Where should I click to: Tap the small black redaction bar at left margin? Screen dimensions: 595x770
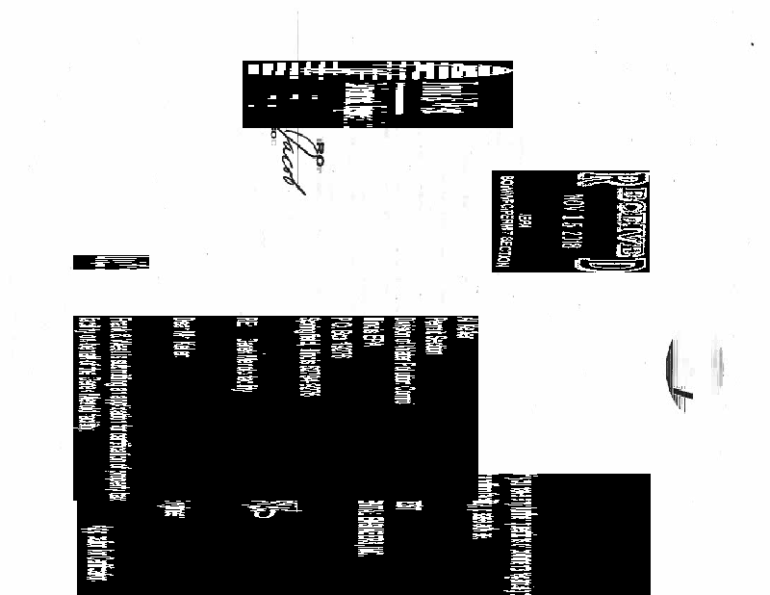coord(111,262)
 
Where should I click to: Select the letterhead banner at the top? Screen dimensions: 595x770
coord(377,94)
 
